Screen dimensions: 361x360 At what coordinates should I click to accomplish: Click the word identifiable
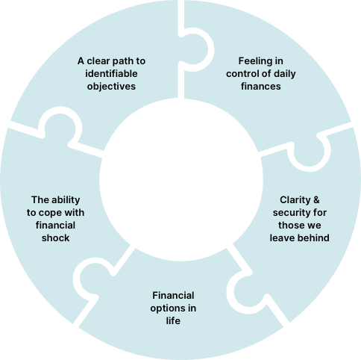pyautogui.click(x=111, y=74)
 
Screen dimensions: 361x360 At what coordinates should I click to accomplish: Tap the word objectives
pyautogui.click(x=111, y=87)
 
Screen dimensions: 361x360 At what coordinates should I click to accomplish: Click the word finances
pyautogui.click(x=261, y=87)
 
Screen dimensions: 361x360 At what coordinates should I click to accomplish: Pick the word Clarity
pyautogui.click(x=295, y=200)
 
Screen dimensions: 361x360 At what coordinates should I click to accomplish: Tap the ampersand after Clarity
pyautogui.click(x=316, y=200)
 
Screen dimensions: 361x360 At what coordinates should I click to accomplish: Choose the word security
pyautogui.click(x=288, y=213)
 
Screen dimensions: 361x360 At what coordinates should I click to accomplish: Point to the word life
pyautogui.click(x=173, y=320)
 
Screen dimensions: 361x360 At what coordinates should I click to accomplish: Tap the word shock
pyautogui.click(x=55, y=238)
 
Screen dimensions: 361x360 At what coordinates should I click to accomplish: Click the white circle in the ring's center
pyautogui.click(x=181, y=180)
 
